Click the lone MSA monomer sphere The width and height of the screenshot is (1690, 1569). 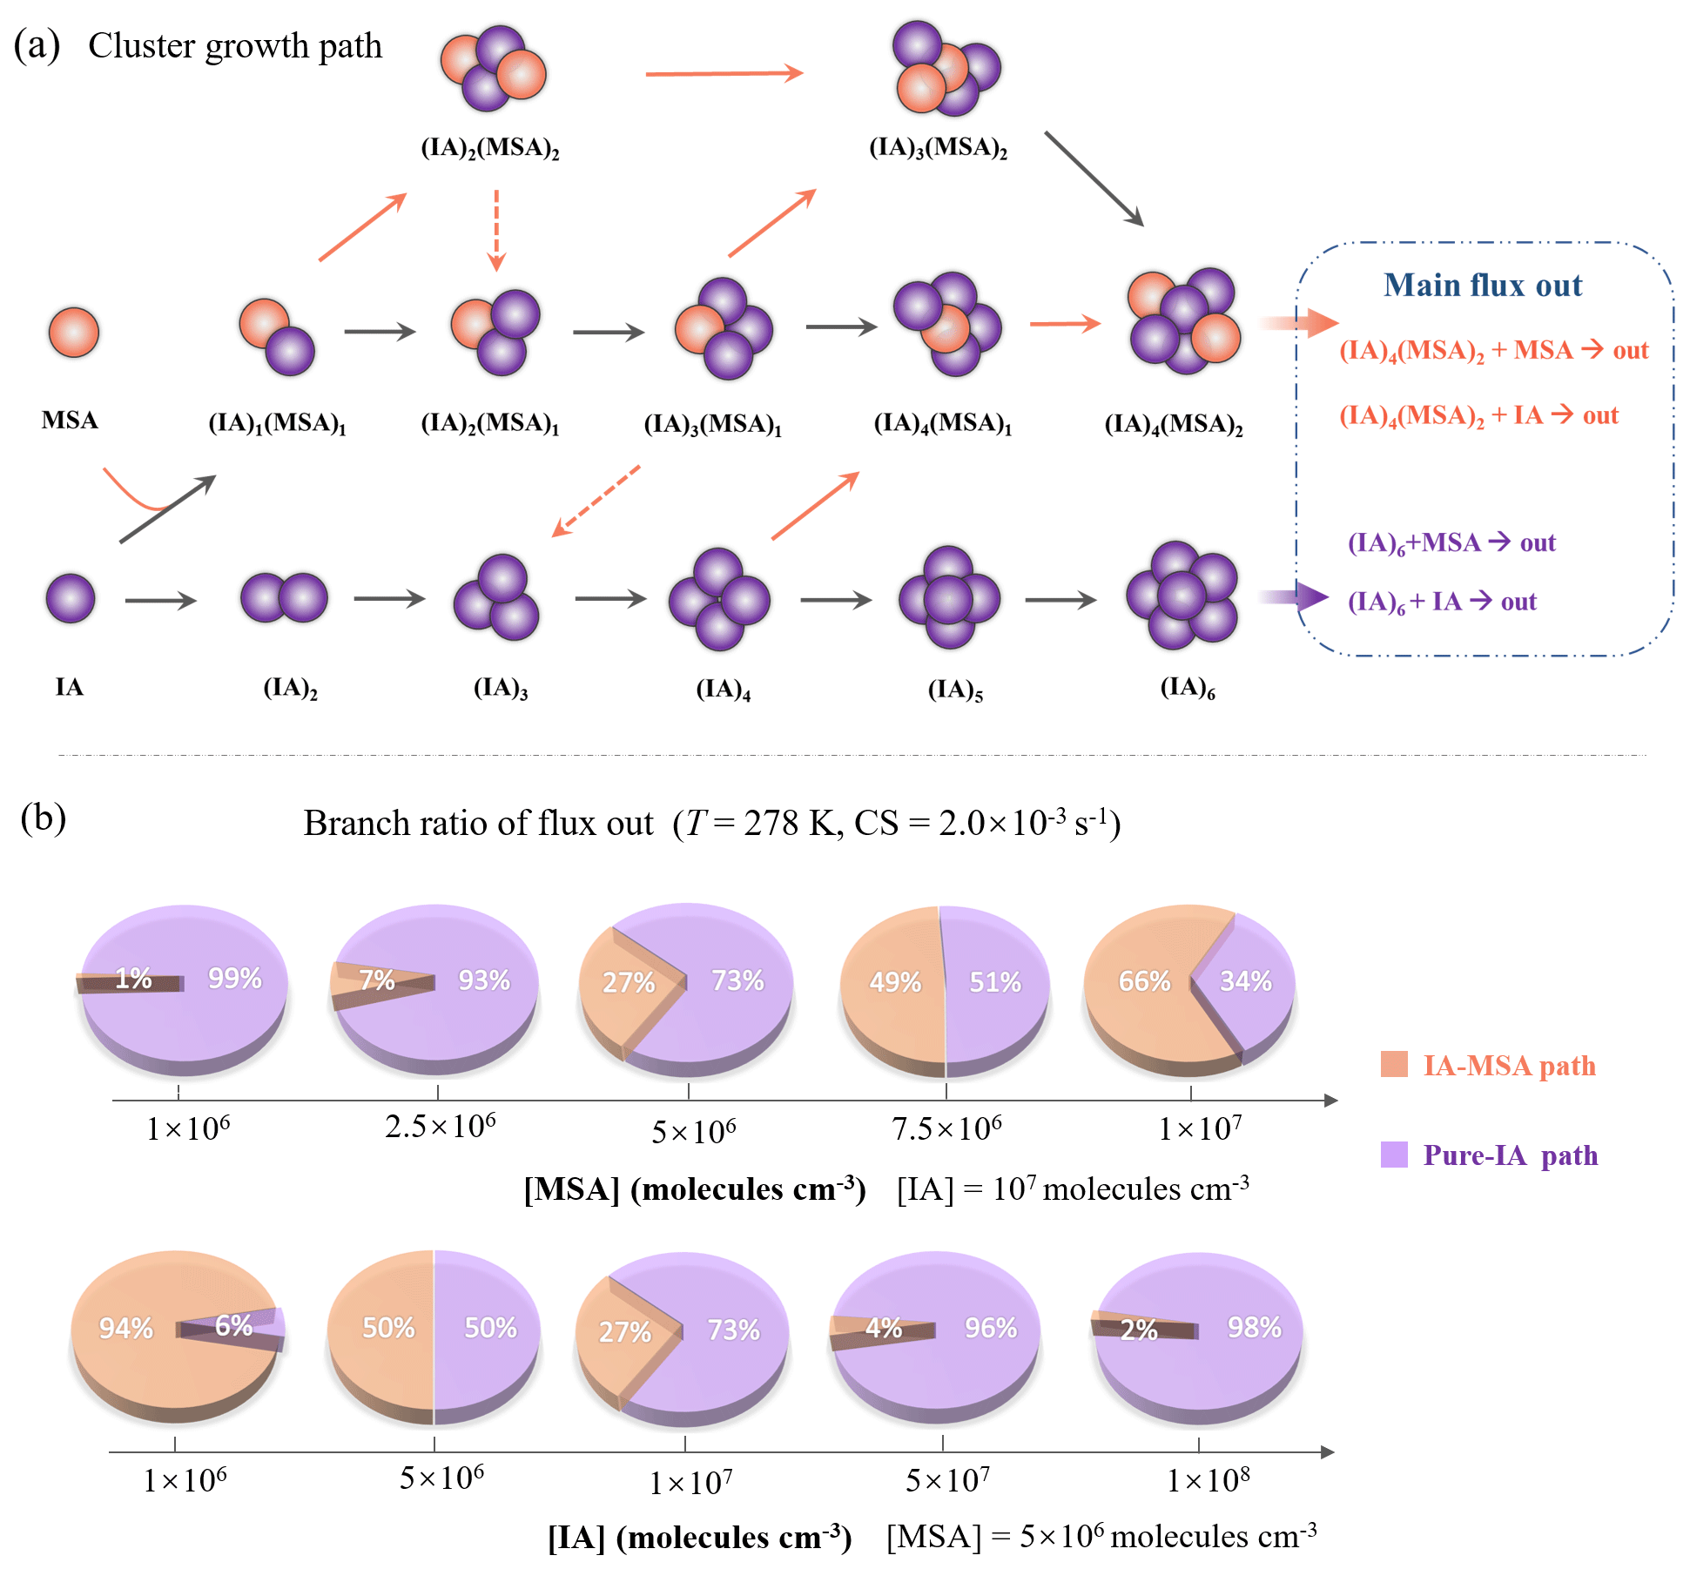click(x=74, y=332)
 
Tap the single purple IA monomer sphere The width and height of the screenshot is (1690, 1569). click(x=71, y=598)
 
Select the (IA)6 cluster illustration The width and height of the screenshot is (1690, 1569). click(x=1182, y=596)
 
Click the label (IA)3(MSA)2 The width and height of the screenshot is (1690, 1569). click(x=938, y=148)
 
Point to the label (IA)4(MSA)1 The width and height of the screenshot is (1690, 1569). click(x=943, y=424)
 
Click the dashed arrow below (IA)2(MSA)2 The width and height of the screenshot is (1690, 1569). click(x=496, y=230)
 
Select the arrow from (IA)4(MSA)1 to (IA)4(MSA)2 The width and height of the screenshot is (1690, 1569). click(x=1064, y=324)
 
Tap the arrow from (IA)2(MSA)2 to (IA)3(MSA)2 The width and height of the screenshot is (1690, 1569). click(x=724, y=74)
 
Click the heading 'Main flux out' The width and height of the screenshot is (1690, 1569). click(x=1483, y=286)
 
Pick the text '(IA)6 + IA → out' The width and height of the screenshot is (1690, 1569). click(x=1442, y=602)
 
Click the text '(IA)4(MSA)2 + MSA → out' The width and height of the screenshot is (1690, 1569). click(x=1493, y=351)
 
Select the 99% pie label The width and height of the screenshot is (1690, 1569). click(x=234, y=978)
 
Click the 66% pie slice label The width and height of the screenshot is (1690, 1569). click(x=1143, y=981)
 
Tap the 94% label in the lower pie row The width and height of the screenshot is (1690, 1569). click(x=125, y=1328)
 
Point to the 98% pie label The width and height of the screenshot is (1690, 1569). click(x=1254, y=1327)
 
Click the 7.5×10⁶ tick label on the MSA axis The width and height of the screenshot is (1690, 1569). click(x=946, y=1129)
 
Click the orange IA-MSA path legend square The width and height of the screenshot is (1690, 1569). click(x=1394, y=1064)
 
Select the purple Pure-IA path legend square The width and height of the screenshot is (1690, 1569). click(x=1394, y=1155)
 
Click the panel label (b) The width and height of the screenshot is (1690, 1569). click(x=43, y=818)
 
